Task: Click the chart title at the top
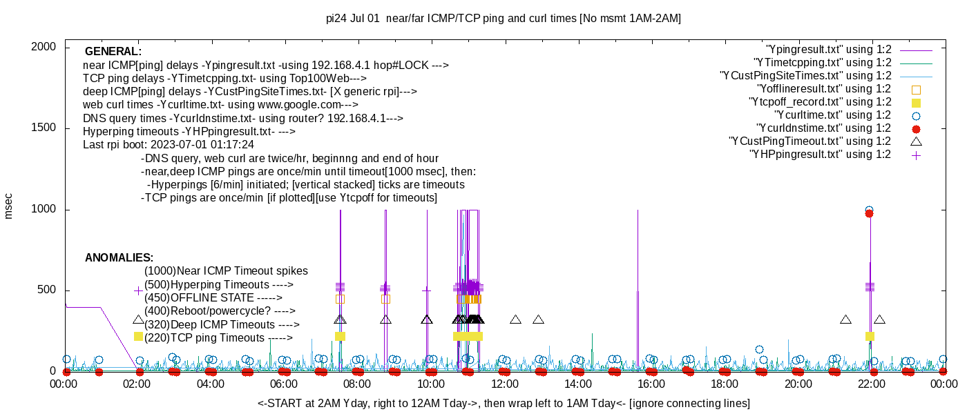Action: [x=503, y=19]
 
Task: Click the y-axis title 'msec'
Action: [x=9, y=206]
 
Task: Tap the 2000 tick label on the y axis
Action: [x=45, y=47]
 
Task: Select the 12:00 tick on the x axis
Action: [x=504, y=384]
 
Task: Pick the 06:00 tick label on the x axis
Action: [x=284, y=384]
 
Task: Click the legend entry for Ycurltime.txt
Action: [x=832, y=115]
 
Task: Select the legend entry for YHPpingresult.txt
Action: [x=820, y=155]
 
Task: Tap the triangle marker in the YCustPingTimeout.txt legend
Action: [x=916, y=141]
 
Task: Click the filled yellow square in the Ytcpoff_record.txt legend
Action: [x=916, y=102]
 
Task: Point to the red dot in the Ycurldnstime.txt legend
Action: [x=916, y=128]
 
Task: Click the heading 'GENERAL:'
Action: [x=113, y=52]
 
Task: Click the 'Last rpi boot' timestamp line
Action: [x=169, y=145]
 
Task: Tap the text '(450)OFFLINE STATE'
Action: [x=213, y=298]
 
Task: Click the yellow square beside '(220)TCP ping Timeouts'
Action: [x=138, y=337]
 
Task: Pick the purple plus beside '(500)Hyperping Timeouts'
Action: [x=138, y=291]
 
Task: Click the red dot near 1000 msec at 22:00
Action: [x=869, y=214]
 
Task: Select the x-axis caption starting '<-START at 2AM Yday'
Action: [x=504, y=403]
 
